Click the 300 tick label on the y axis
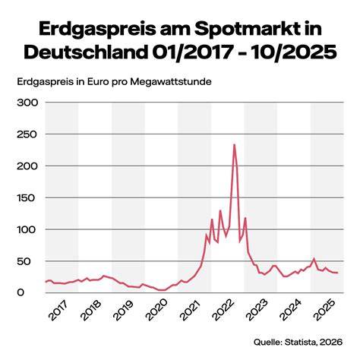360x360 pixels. pyautogui.click(x=27, y=103)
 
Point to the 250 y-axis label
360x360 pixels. pyautogui.click(x=27, y=134)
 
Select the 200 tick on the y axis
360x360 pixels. pyautogui.click(x=27, y=166)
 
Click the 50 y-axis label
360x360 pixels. pyautogui.click(x=24, y=261)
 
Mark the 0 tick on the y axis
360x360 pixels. pyautogui.click(x=21, y=293)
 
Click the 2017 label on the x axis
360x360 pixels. pyautogui.click(x=58, y=311)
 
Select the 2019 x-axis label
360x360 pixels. pyautogui.click(x=124, y=311)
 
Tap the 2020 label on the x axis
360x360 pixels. pyautogui.click(x=157, y=311)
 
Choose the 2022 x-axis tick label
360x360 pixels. pyautogui.click(x=224, y=311)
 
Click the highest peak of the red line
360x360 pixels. pyautogui.click(x=235, y=144)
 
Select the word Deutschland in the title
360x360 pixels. pyautogui.click(x=86, y=52)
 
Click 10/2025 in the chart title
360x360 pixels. pyautogui.click(x=295, y=52)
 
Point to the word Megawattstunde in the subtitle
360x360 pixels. pyautogui.click(x=171, y=82)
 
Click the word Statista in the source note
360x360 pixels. pyautogui.click(x=301, y=342)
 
